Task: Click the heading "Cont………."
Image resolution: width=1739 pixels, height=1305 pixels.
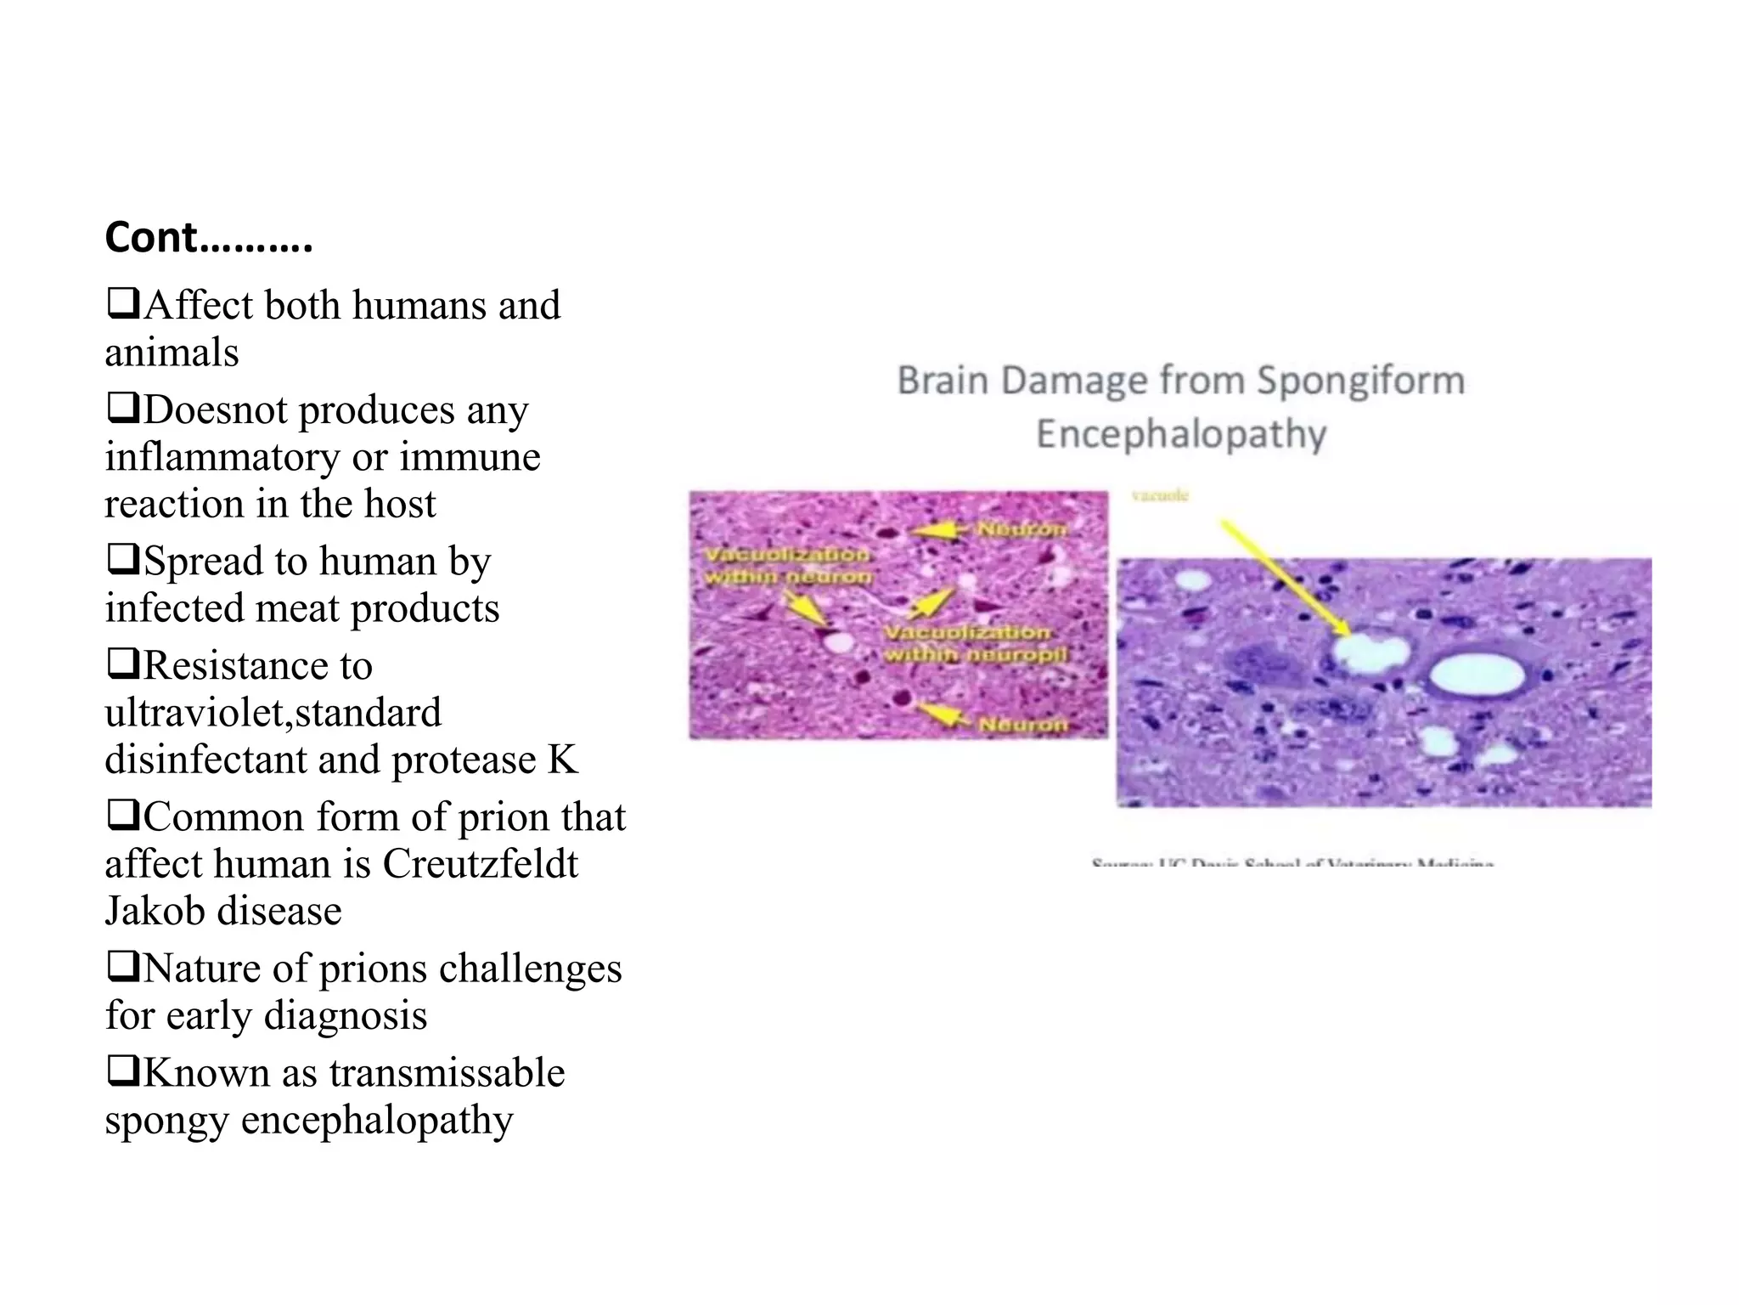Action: click(x=209, y=237)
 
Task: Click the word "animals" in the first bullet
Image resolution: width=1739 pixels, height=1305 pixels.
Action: click(x=172, y=352)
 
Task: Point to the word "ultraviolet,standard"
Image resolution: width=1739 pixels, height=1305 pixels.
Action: click(x=273, y=712)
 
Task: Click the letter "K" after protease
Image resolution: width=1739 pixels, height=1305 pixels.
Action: click(x=562, y=759)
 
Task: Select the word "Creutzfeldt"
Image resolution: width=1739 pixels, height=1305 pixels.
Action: click(x=481, y=863)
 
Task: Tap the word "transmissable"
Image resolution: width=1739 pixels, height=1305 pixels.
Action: click(x=447, y=1072)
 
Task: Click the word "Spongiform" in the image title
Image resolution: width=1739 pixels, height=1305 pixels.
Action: click(x=1360, y=380)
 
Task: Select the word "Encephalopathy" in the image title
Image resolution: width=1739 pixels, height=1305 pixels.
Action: click(x=1181, y=434)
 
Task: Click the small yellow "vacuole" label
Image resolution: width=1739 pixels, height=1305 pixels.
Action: click(x=1161, y=495)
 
